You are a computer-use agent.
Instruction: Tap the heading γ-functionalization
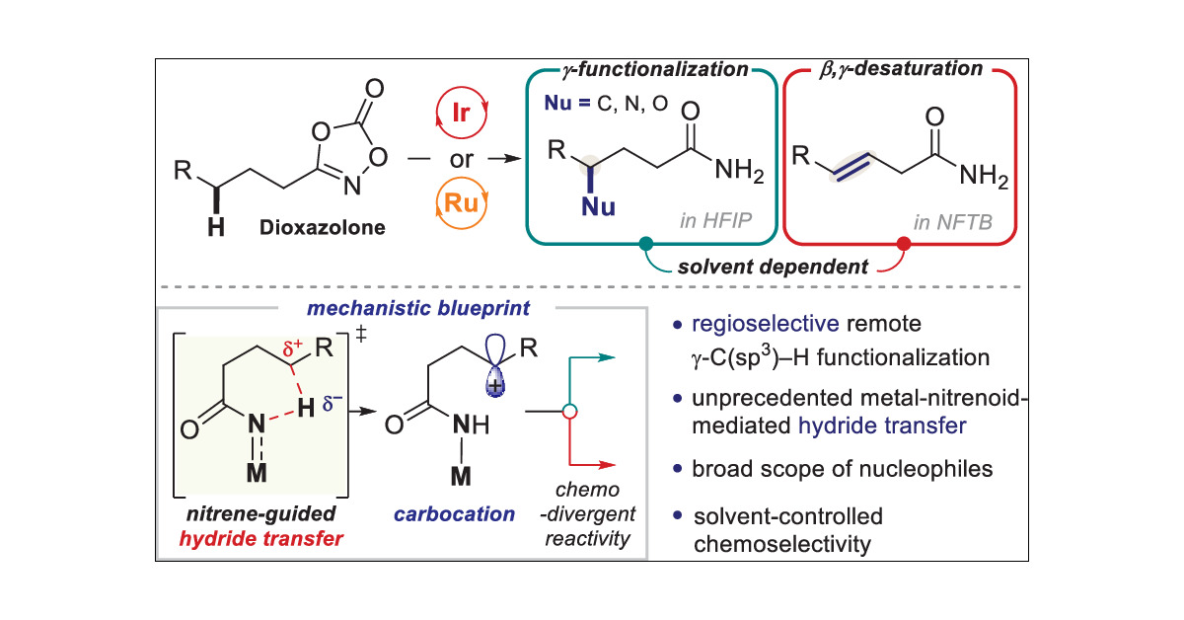[x=646, y=69]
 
